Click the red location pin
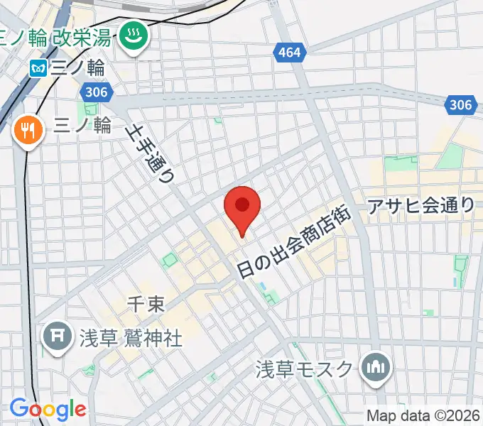coord(242,207)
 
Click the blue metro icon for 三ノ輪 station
coord(37,69)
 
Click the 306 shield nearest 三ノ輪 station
coord(94,92)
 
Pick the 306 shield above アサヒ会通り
coord(460,105)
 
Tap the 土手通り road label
coord(151,153)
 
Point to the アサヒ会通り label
coord(420,205)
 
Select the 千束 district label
coord(146,305)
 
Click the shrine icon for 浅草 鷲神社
coord(55,334)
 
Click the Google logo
coord(48,409)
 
